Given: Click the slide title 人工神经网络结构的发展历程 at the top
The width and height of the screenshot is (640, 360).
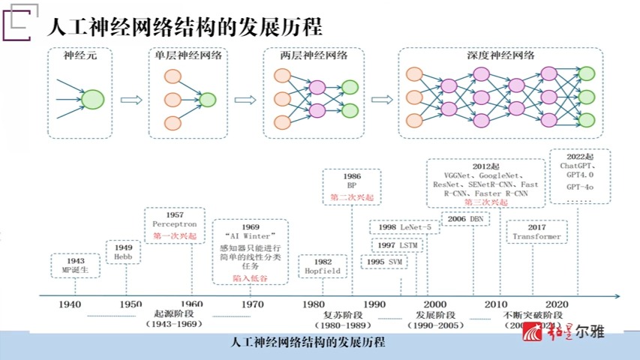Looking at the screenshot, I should click(x=185, y=28).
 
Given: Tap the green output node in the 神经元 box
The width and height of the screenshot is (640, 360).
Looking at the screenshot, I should click(x=92, y=99).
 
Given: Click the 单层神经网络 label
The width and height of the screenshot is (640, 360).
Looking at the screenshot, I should click(x=188, y=55).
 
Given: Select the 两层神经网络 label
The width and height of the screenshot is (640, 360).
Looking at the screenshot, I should click(x=314, y=55).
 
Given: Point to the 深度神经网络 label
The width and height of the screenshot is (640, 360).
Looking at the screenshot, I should click(x=500, y=55).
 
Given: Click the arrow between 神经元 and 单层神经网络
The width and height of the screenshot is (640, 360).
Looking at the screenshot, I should click(x=131, y=99).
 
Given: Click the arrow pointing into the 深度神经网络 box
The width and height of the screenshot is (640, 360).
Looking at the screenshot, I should click(x=381, y=99).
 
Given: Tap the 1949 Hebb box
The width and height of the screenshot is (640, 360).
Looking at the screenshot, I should click(x=123, y=251).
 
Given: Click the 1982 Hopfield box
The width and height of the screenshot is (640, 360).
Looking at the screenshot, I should click(x=323, y=265).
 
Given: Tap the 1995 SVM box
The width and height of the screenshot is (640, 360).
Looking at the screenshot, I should click(x=383, y=262).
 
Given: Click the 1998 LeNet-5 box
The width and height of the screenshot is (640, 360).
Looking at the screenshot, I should click(x=404, y=227).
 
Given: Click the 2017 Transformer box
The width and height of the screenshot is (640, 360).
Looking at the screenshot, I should click(x=536, y=231).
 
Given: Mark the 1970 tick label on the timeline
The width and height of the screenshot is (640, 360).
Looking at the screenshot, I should click(x=253, y=304).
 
